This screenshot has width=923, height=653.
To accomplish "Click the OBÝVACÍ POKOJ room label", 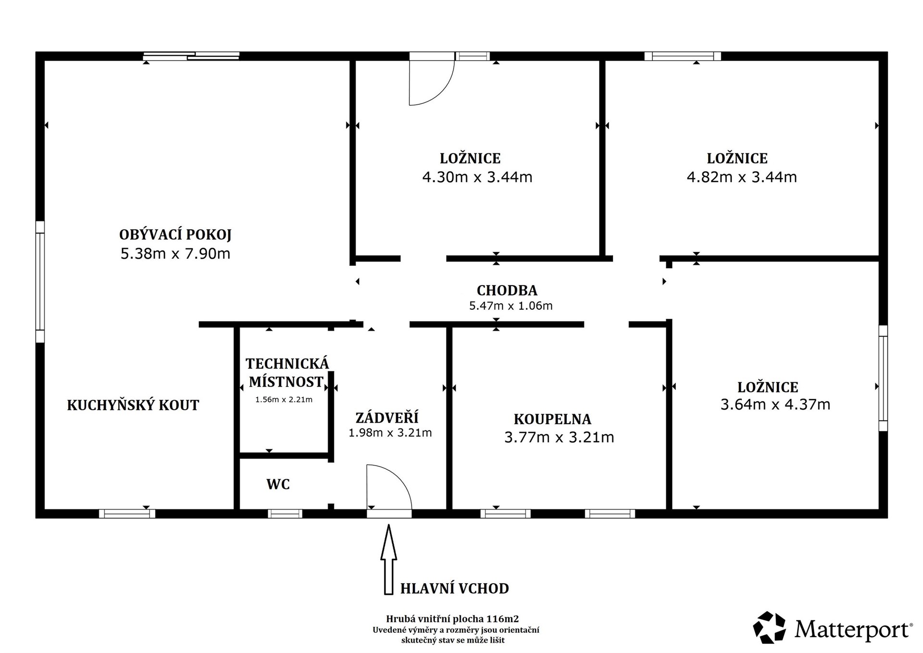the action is coord(175,235).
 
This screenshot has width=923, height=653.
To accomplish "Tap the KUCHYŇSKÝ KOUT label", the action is coord(133,405).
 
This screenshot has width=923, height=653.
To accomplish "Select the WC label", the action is coord(278,484).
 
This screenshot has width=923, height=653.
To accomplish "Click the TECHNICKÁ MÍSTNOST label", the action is coord(287,373).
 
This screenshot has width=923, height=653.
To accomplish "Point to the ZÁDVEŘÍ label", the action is coord(387,417).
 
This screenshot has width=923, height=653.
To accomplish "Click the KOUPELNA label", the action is coord(552,419).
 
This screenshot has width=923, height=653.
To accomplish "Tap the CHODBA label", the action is coord(507,290).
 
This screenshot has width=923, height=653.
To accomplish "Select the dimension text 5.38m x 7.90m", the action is coord(175,253).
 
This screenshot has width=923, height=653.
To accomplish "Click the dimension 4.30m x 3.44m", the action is coord(477,177).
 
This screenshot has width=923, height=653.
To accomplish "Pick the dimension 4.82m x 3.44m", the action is coord(742,177).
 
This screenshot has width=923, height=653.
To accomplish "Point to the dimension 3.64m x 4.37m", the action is coord(775,404).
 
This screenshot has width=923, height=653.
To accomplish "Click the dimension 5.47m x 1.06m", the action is coord(511,305).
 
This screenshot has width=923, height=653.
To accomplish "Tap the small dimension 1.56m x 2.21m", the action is coord(284,399).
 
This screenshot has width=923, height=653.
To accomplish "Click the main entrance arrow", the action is coord(388,560).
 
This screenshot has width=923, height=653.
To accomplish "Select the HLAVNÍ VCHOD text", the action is coord(455,588).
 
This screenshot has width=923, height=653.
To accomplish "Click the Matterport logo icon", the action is coord(769,627).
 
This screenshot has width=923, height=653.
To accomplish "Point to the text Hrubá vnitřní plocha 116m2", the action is coord(452,619).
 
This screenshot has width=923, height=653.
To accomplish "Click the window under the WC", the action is coord(285,514).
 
